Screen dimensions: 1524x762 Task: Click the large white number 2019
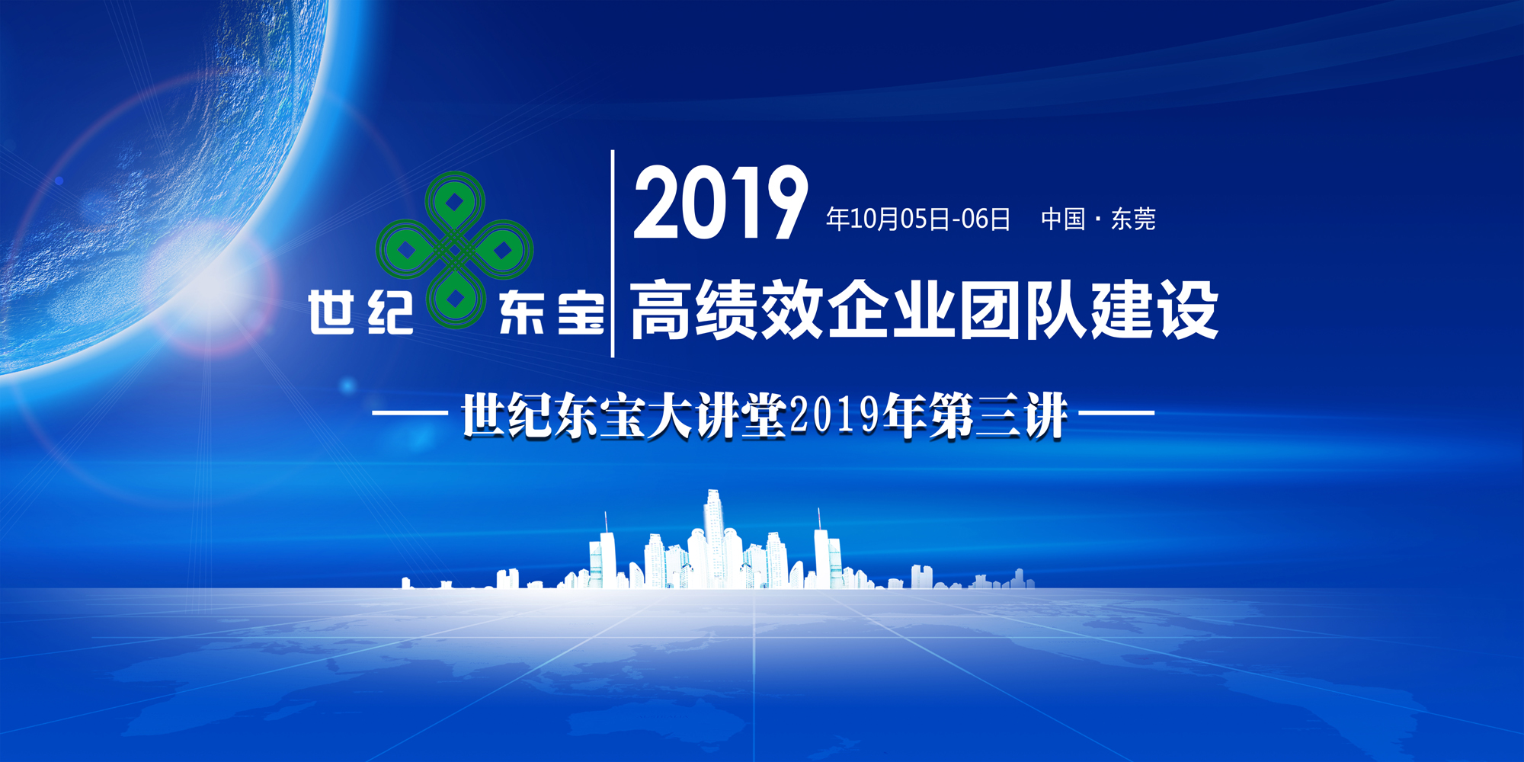[x=720, y=203]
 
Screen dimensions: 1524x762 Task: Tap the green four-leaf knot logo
[x=455, y=250]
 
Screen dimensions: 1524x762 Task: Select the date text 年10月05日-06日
[x=918, y=219]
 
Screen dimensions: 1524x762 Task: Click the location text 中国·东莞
[x=1098, y=219]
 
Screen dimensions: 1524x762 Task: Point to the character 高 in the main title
[x=661, y=309]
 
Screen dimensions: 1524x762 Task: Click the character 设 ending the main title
[x=1187, y=309]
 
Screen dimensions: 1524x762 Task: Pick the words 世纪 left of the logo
[x=361, y=312]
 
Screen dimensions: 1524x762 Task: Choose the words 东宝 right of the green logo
[x=552, y=313]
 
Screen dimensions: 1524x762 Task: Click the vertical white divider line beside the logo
[x=613, y=254]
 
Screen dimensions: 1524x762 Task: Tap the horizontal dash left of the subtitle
[x=409, y=414]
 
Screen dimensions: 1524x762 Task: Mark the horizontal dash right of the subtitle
[x=1117, y=414]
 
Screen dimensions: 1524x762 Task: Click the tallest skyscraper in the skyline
[x=713, y=538]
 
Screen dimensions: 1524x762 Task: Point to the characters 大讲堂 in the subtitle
[x=716, y=416]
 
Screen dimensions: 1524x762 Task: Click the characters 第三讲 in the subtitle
[x=998, y=416]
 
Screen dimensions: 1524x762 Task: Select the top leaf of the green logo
[x=455, y=202]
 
